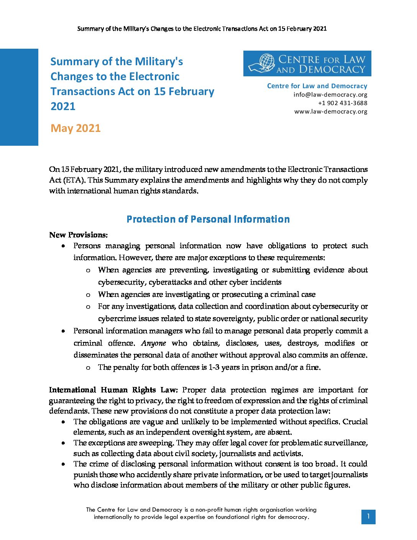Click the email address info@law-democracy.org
tap(330, 94)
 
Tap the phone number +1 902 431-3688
tap(342, 103)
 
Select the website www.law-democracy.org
tap(330, 111)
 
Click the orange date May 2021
tap(76, 128)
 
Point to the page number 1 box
tap(368, 517)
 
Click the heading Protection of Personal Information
tap(208, 219)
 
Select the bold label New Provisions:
tap(78, 235)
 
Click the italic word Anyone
tap(153, 343)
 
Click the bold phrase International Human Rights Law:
tap(113, 390)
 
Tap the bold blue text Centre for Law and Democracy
tap(317, 86)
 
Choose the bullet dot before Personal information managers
tap(63, 331)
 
